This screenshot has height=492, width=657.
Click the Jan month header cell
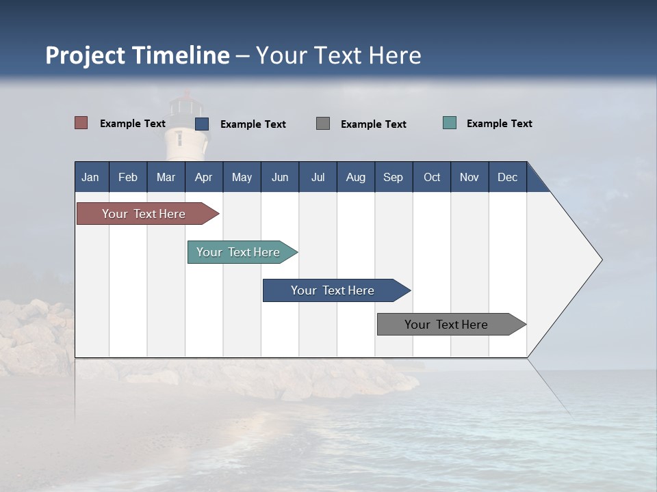tap(91, 177)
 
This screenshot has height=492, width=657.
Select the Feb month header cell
tap(128, 177)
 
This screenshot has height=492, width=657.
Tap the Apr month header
tap(204, 177)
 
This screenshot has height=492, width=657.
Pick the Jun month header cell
tap(280, 177)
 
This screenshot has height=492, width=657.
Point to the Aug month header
tap(356, 177)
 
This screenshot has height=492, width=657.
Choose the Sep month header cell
tap(394, 177)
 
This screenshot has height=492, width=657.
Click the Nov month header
tap(469, 177)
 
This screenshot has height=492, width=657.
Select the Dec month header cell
tap(508, 177)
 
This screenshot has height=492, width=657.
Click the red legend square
tap(81, 123)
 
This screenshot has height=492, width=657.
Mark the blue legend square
tap(202, 124)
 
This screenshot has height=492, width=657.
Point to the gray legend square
tap(323, 123)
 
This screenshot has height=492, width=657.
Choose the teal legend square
tap(450, 123)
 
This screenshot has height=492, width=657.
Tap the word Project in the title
tap(86, 55)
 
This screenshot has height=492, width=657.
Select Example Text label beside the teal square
tap(499, 124)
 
